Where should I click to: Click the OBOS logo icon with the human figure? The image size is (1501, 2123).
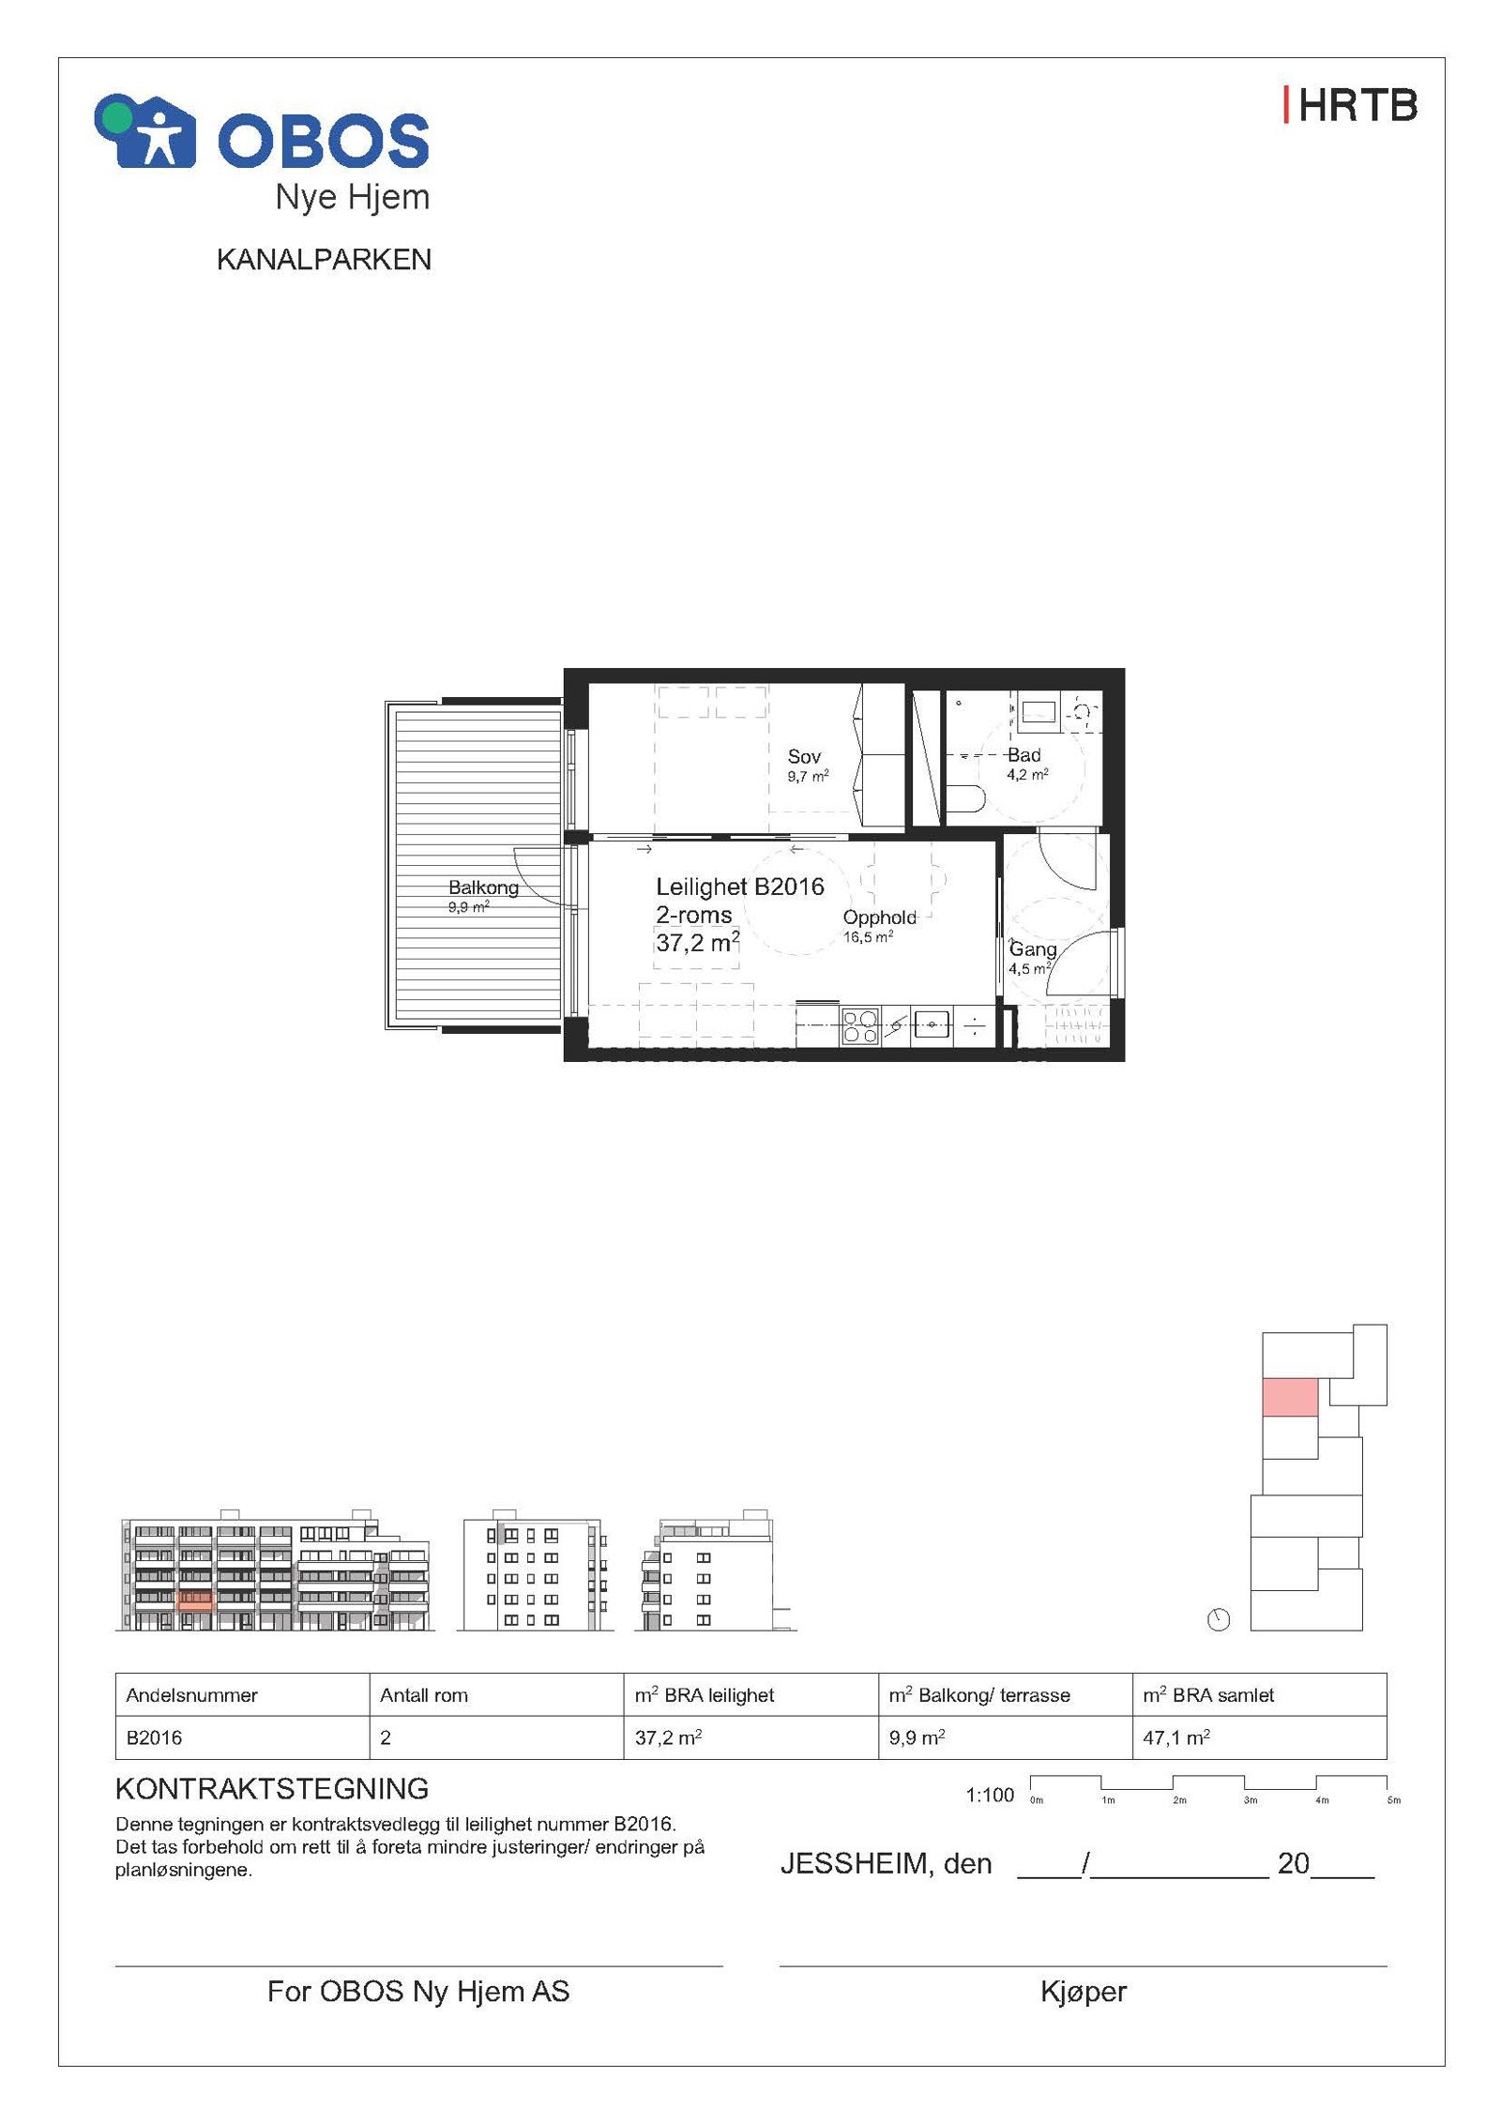146,132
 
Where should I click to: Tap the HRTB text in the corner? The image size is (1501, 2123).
1351,106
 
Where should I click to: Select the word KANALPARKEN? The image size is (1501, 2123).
324,260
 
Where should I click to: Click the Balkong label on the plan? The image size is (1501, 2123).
482,887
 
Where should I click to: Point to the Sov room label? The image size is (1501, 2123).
804,756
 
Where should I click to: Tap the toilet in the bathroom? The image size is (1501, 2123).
965,798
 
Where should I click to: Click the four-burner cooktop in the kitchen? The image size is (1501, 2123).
859,1025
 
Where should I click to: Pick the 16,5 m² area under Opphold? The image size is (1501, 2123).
867,937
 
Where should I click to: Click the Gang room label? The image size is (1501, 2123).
1032,949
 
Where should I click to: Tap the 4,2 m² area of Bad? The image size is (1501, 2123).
1026,775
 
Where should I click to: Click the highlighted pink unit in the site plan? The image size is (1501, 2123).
1290,1397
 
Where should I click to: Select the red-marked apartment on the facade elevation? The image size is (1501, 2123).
195,1601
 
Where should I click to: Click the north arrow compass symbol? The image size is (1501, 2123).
1218,1619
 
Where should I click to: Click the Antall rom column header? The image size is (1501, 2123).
423,1695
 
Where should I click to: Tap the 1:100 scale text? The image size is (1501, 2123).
990,1795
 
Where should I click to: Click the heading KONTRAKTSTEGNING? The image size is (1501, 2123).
271,1789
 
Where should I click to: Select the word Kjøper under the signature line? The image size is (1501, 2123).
1083,1991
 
